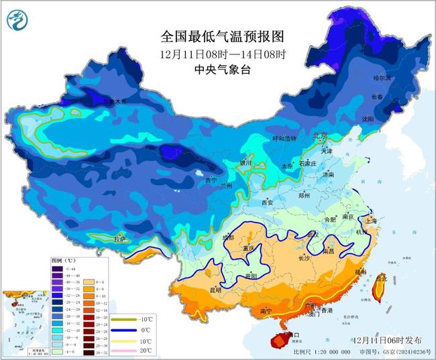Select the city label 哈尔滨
[382, 78]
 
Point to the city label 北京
[321, 135]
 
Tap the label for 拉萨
[119, 238]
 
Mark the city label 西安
[268, 202]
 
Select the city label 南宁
[265, 311]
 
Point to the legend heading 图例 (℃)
[64, 259]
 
